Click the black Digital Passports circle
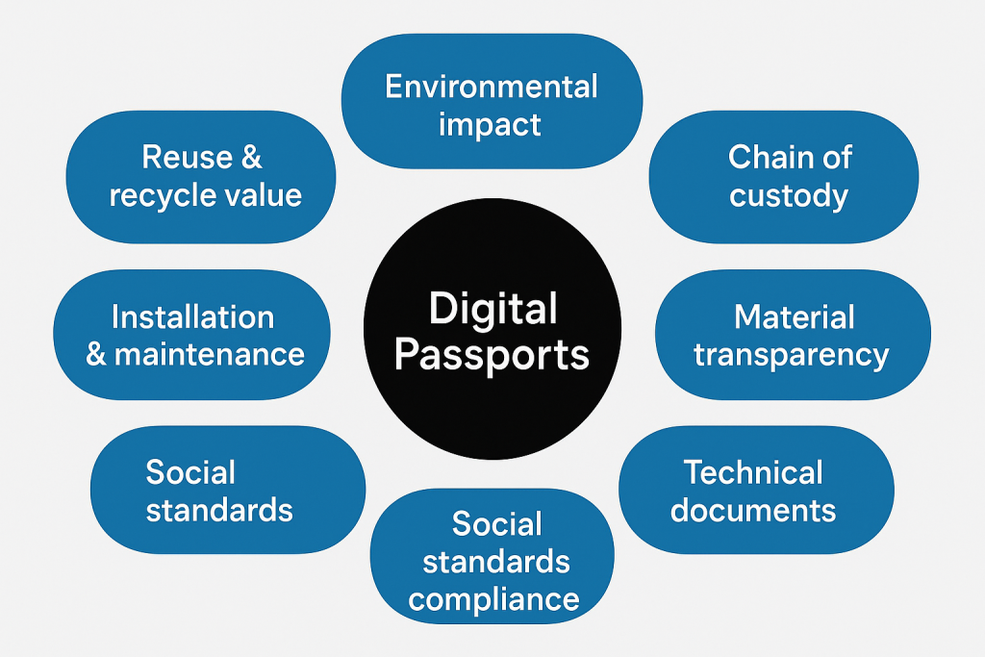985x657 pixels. click(492, 329)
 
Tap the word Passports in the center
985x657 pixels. click(492, 356)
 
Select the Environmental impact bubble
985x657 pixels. click(492, 101)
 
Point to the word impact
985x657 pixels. click(490, 125)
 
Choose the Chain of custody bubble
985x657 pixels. click(783, 177)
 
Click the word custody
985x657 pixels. click(789, 195)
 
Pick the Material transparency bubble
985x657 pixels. click(793, 335)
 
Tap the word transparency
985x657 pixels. click(792, 356)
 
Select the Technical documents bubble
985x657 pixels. click(756, 490)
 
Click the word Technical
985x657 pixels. click(753, 472)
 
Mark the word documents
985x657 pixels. click(753, 510)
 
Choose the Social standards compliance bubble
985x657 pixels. click(492, 557)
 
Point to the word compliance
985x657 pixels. click(493, 600)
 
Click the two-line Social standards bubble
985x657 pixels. click(228, 490)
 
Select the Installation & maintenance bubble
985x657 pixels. click(191, 335)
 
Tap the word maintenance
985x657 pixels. click(210, 355)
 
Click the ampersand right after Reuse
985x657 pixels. click(251, 157)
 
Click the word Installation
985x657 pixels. click(192, 317)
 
